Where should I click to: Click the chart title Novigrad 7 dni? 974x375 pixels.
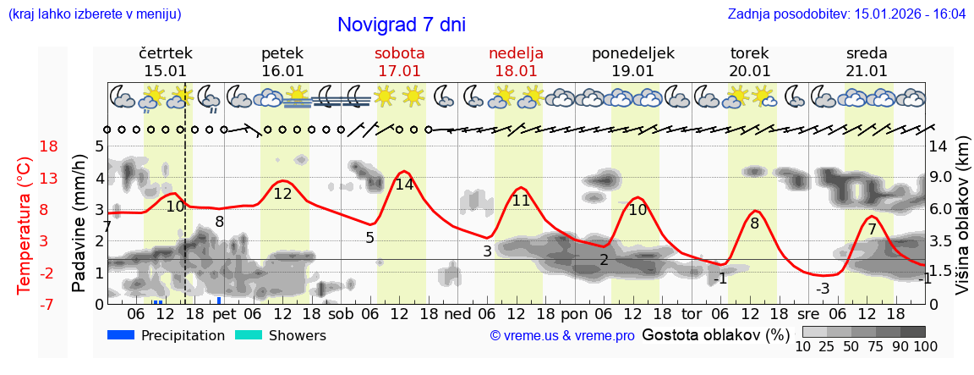(x=401, y=25)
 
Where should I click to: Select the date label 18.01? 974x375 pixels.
(x=516, y=71)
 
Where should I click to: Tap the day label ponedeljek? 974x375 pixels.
(x=633, y=53)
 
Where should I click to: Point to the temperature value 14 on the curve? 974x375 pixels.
(x=404, y=184)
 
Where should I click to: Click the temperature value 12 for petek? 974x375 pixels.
(x=282, y=194)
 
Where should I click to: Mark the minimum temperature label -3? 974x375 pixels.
(x=822, y=289)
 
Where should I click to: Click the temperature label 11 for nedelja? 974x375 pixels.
(x=521, y=201)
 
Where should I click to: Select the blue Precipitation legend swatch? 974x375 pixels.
(x=122, y=335)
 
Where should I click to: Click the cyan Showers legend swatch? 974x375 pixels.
(x=248, y=335)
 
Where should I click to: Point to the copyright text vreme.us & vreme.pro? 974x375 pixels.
(x=562, y=336)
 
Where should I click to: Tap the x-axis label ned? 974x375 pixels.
(x=457, y=312)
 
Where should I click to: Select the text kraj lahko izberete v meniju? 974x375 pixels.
(x=94, y=14)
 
